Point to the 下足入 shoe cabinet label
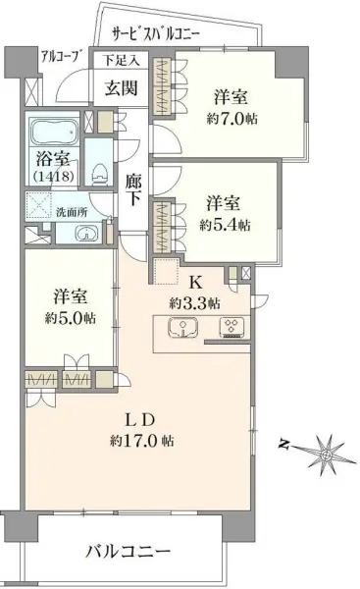[x=122, y=60]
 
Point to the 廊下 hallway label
[x=135, y=189]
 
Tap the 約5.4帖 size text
[x=225, y=225]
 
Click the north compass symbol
[x=324, y=455]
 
